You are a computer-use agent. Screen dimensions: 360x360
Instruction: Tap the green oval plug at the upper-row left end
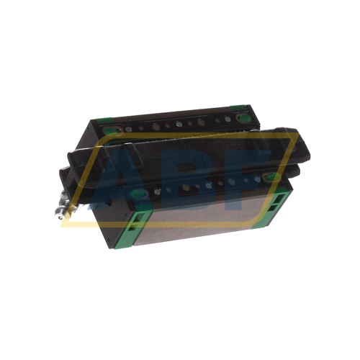(x=110, y=131)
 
